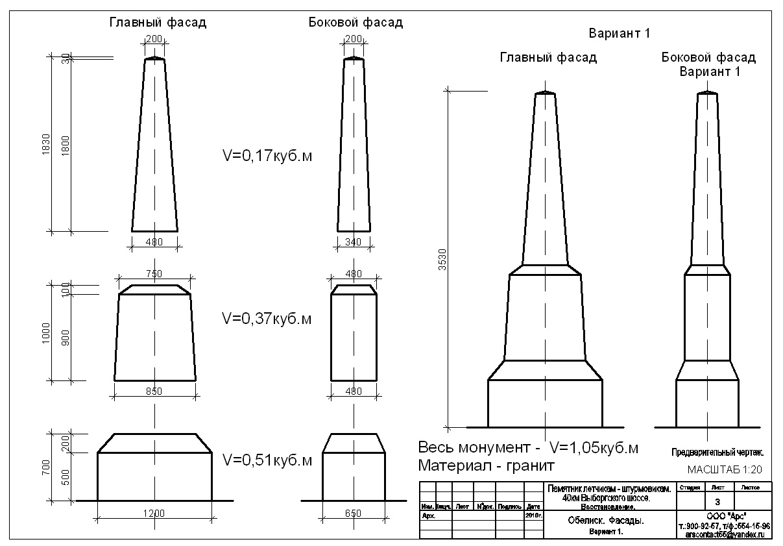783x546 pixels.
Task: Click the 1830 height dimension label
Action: tap(45, 143)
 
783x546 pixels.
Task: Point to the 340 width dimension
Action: tap(354, 242)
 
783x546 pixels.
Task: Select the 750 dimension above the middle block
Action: tap(154, 274)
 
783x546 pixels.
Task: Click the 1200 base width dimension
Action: tap(154, 514)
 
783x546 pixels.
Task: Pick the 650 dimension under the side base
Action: tap(354, 514)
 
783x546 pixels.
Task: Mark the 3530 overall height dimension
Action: tap(443, 260)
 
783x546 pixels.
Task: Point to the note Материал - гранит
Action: tap(487, 465)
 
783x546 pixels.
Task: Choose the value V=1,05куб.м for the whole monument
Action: tap(594, 448)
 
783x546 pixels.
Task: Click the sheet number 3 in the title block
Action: tap(717, 502)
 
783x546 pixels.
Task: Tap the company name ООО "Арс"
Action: tap(723, 516)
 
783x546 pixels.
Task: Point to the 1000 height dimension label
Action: tap(45, 332)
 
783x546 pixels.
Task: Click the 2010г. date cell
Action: tap(533, 515)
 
